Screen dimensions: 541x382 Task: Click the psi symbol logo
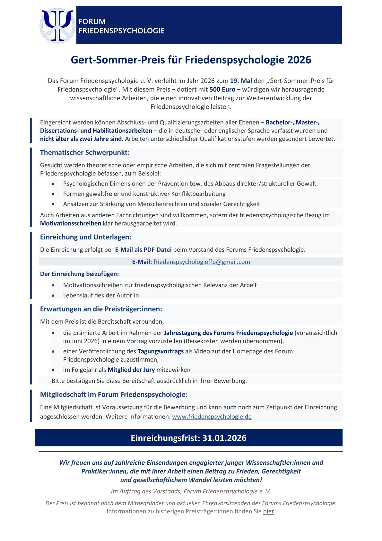coord(57,25)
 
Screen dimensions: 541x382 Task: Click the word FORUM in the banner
coord(92,22)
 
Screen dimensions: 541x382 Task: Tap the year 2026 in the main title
coord(299,60)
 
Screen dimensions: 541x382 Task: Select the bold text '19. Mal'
coord(241,81)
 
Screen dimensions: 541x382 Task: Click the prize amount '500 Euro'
coord(222,89)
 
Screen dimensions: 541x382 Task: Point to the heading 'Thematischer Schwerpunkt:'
coord(85,152)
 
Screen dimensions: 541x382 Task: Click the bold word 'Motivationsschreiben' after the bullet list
coord(71,223)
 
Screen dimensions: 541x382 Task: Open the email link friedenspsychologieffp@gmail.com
coord(202,262)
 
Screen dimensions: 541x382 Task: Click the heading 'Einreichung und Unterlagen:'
coord(86,237)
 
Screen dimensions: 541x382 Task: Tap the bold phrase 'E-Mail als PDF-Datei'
coord(143,249)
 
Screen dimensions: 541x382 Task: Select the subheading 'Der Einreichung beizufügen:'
coord(79,274)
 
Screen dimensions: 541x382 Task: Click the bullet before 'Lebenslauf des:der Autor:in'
coord(53,295)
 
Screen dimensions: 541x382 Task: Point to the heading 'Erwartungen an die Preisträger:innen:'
coord(101,309)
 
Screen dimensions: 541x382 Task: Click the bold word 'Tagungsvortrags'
coord(161,351)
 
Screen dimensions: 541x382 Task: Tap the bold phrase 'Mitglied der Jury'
coord(131,370)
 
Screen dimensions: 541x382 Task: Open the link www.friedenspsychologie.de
coord(212,417)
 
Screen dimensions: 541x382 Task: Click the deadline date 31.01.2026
coord(224,438)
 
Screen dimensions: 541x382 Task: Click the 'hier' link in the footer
coord(268,511)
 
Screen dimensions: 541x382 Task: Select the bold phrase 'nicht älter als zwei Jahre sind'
coord(81,139)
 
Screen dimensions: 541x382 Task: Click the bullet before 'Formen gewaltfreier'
coord(53,194)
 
